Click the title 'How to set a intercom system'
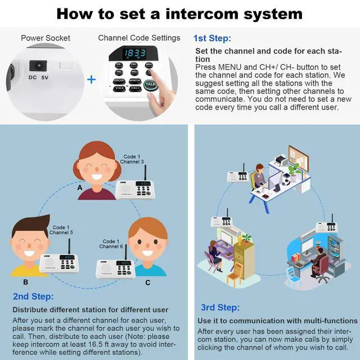[x=179, y=13]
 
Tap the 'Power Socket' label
[x=46, y=38]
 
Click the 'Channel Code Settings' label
[x=139, y=38]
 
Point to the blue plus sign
[x=91, y=79]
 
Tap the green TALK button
[x=150, y=85]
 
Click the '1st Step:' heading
[x=212, y=38]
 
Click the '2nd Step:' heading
[x=33, y=296]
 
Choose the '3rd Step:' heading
[x=220, y=307]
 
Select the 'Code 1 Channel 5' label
[x=61, y=229]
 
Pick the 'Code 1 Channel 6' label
[x=111, y=244]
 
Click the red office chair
[x=322, y=274]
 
